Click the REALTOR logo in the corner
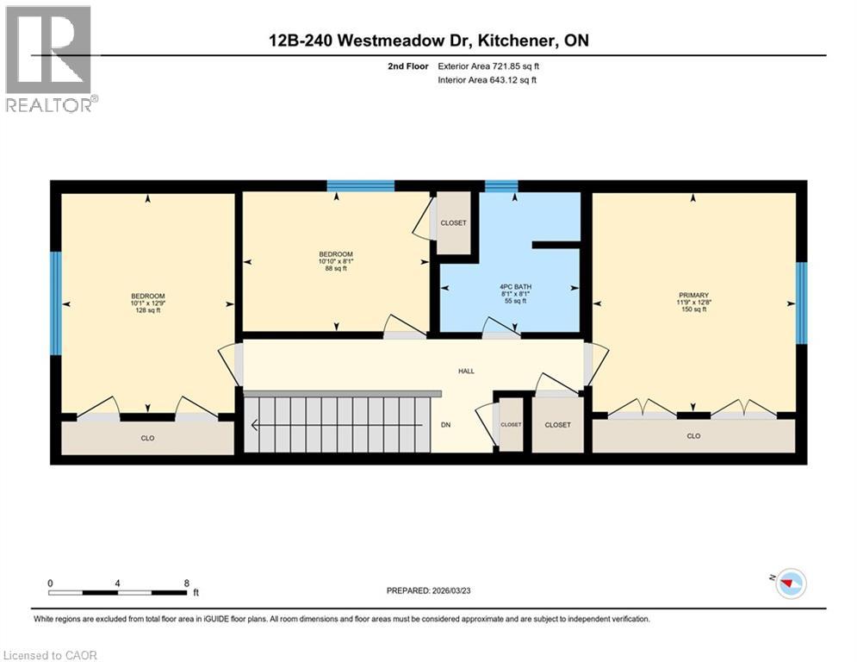pyautogui.click(x=48, y=58)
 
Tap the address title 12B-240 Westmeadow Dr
pyautogui.click(x=428, y=41)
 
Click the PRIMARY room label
pyautogui.click(x=693, y=296)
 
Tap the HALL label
pyautogui.click(x=466, y=372)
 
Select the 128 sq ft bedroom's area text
pyautogui.click(x=147, y=310)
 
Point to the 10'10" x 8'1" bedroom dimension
pyautogui.click(x=336, y=261)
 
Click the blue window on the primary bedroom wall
pyautogui.click(x=801, y=303)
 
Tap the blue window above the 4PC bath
pyautogui.click(x=501, y=185)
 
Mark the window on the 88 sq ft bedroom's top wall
pyautogui.click(x=360, y=185)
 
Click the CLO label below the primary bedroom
pyautogui.click(x=693, y=436)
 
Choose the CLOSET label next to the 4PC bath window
pyautogui.click(x=453, y=223)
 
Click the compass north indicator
pyautogui.click(x=790, y=584)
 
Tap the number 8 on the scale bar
pyautogui.click(x=187, y=583)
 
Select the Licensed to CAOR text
pyautogui.click(x=50, y=655)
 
